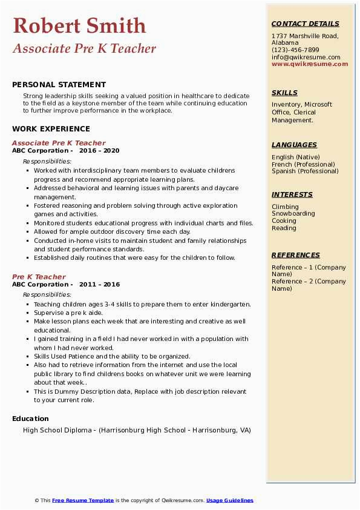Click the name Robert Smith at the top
79,25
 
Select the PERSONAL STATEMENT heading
59,85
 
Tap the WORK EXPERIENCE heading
51,129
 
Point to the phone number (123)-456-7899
295,50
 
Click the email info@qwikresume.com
306,57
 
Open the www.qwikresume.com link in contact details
310,64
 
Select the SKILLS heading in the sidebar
284,93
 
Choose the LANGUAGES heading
294,145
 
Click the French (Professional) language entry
303,164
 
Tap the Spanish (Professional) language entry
305,171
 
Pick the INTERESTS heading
292,194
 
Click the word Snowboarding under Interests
293,214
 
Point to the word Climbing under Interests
285,207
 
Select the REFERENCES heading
296,255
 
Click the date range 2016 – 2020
99,151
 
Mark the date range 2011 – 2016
99,285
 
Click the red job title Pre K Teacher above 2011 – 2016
39,277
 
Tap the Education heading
30,419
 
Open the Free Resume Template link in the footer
83,500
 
